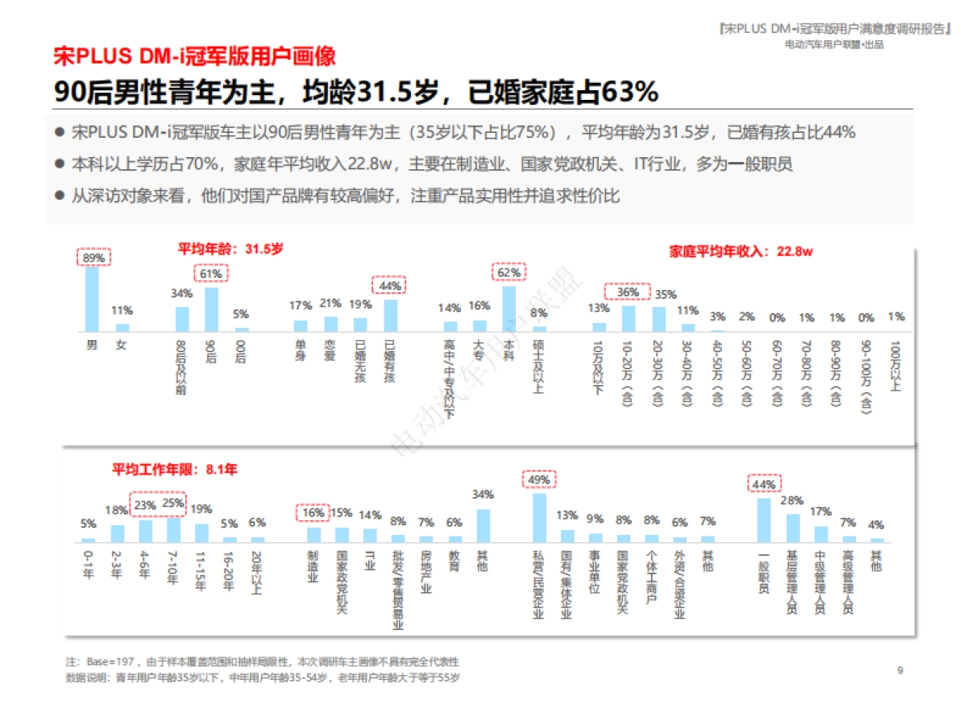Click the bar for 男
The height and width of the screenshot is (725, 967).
pyautogui.click(x=92, y=299)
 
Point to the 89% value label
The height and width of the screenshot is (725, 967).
pyautogui.click(x=93, y=258)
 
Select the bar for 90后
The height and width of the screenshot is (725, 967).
pyautogui.click(x=211, y=309)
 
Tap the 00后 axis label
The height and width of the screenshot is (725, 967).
pyautogui.click(x=241, y=354)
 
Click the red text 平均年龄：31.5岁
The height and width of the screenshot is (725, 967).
pyautogui.click(x=230, y=249)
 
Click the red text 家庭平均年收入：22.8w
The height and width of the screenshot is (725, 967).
pyautogui.click(x=741, y=251)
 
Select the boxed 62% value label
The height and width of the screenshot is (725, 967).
pyautogui.click(x=508, y=272)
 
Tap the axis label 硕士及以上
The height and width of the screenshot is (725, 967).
pyautogui.click(x=539, y=367)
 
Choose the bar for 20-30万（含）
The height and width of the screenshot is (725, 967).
pyautogui.click(x=660, y=319)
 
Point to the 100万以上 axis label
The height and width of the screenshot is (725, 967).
pyautogui.click(x=896, y=367)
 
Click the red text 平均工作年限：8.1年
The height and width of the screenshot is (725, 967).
pyautogui.click(x=175, y=468)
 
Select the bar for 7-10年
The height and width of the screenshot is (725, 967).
pyautogui.click(x=173, y=529)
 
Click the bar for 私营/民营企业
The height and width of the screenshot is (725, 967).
pyautogui.click(x=539, y=517)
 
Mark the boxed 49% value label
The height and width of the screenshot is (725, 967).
pyautogui.click(x=539, y=480)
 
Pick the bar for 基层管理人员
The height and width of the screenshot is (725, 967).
pyautogui.click(x=793, y=528)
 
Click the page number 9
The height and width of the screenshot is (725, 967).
pyautogui.click(x=900, y=669)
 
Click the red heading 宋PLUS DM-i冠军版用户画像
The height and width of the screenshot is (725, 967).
pyautogui.click(x=194, y=57)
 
